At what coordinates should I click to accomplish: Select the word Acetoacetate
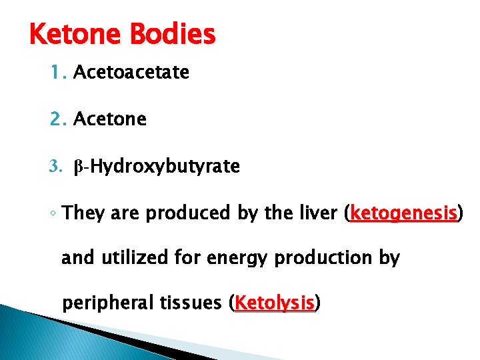click(131, 72)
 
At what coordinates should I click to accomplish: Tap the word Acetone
click(110, 119)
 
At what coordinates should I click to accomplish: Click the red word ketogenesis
click(404, 214)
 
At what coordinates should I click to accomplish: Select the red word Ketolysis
click(275, 303)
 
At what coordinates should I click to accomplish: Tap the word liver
click(320, 214)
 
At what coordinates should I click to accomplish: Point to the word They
click(82, 214)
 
